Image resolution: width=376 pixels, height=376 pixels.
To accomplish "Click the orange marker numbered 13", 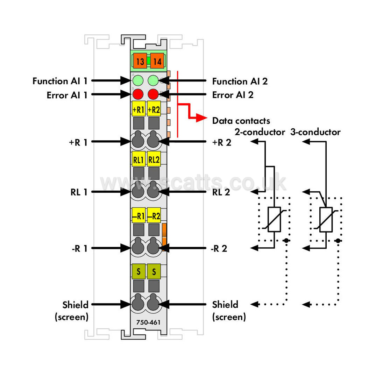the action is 140,61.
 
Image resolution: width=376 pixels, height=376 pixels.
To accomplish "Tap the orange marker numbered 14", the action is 157,61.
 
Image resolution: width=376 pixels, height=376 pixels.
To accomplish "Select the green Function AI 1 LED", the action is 138,80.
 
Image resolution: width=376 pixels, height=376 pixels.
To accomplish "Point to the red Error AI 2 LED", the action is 153,94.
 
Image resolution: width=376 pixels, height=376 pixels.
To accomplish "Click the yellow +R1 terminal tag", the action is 139,109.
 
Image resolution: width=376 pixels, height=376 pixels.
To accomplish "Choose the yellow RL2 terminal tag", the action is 154,159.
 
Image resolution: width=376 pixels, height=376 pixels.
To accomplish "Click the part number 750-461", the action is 148,322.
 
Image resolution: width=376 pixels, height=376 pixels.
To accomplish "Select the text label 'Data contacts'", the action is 241,121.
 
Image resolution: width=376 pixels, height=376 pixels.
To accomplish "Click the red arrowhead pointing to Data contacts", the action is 201,118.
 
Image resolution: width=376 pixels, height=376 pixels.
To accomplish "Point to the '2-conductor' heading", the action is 260,132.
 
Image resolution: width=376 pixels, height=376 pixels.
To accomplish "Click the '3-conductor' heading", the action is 315,132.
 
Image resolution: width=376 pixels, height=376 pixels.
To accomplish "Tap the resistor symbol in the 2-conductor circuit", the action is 274,219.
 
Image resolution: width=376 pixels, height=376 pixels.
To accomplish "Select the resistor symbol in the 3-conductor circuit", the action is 326,219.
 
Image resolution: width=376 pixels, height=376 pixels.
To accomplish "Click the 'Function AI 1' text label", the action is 60,81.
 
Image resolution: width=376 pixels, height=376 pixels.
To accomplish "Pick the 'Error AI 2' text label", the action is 233,95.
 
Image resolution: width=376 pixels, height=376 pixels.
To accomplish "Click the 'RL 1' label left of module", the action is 79,192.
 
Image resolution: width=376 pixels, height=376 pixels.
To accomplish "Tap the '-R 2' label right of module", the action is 219,248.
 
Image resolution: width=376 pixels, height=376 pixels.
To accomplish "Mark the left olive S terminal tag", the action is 139,271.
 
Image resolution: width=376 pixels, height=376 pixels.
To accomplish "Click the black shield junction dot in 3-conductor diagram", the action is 338,240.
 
